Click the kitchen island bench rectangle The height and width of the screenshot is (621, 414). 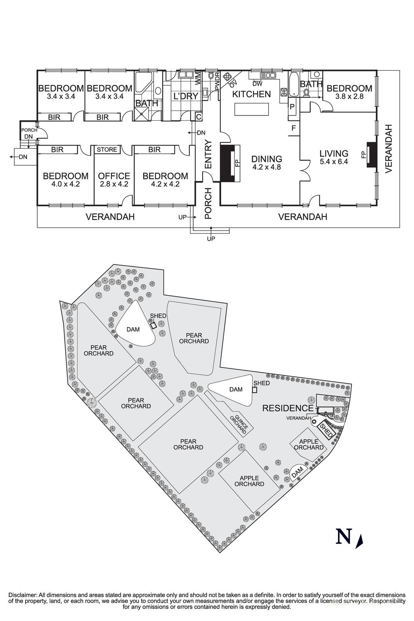[251, 109]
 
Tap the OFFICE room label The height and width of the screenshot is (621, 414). [114, 176]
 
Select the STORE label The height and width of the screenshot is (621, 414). [107, 150]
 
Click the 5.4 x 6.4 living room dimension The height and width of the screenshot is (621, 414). [334, 161]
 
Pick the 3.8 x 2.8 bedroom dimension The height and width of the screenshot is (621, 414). [349, 97]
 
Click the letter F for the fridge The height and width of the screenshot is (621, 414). [294, 128]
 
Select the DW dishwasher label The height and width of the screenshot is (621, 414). [257, 83]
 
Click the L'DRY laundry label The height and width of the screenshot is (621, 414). [186, 96]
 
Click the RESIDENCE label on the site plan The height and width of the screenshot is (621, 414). [288, 408]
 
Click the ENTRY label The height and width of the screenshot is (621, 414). [208, 154]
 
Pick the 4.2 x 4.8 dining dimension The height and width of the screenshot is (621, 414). [267, 167]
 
